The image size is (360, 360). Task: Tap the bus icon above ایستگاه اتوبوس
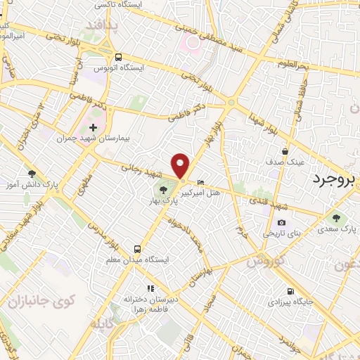click(118, 58)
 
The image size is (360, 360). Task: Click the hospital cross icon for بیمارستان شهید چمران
click(93, 127)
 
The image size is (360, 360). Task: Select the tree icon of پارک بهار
click(163, 189)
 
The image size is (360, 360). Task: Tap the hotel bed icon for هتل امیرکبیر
click(202, 181)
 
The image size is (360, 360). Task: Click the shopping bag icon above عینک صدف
click(285, 151)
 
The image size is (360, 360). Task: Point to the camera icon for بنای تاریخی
click(281, 223)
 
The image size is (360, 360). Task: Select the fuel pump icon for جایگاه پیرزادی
click(290, 292)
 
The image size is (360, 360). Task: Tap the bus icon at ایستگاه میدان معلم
click(138, 249)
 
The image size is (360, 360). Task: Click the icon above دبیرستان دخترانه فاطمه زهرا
click(149, 288)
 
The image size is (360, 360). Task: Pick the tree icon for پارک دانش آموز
click(31, 174)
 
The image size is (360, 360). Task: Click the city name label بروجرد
click(335, 177)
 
